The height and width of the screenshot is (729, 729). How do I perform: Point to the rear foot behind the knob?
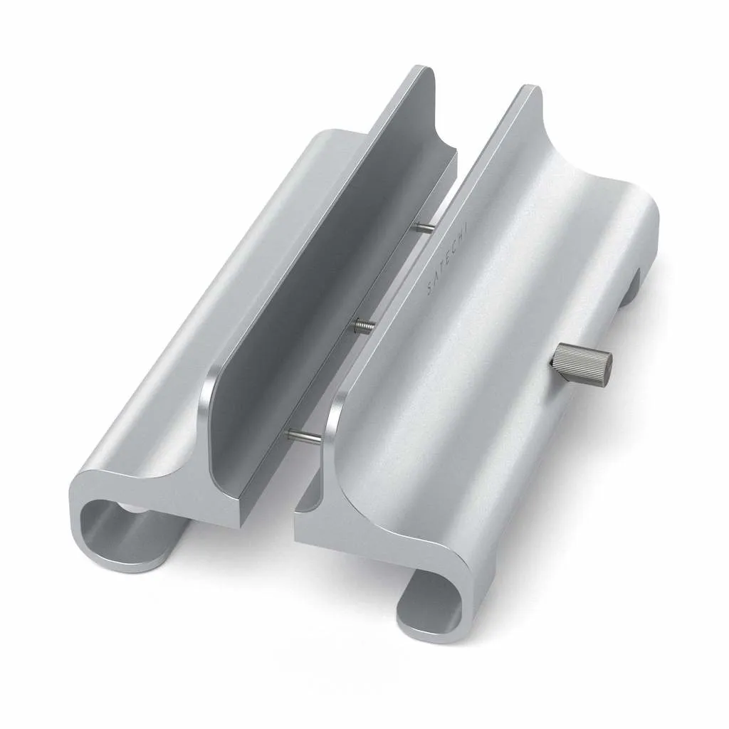630,288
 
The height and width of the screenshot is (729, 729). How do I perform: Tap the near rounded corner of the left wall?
208,384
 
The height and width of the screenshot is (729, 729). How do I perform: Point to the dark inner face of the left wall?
320,285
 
